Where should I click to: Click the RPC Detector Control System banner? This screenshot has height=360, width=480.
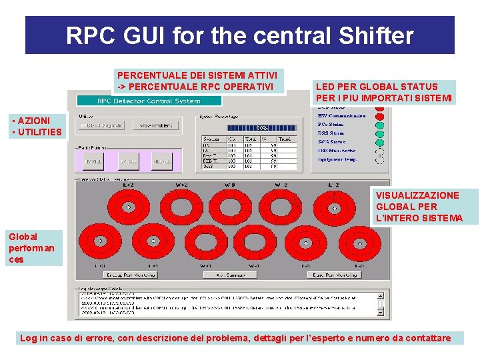pos(148,101)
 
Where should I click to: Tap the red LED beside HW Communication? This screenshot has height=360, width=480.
pos(380,115)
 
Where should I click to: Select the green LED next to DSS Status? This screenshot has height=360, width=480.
pos(380,133)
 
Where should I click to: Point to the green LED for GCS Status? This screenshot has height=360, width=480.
pos(380,142)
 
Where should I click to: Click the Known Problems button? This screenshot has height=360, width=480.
pos(155,125)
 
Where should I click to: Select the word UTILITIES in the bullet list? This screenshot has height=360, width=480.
pos(39,132)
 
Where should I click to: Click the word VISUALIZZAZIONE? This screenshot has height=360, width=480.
pos(417,195)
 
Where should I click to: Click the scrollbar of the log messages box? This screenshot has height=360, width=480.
pos(381,303)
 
